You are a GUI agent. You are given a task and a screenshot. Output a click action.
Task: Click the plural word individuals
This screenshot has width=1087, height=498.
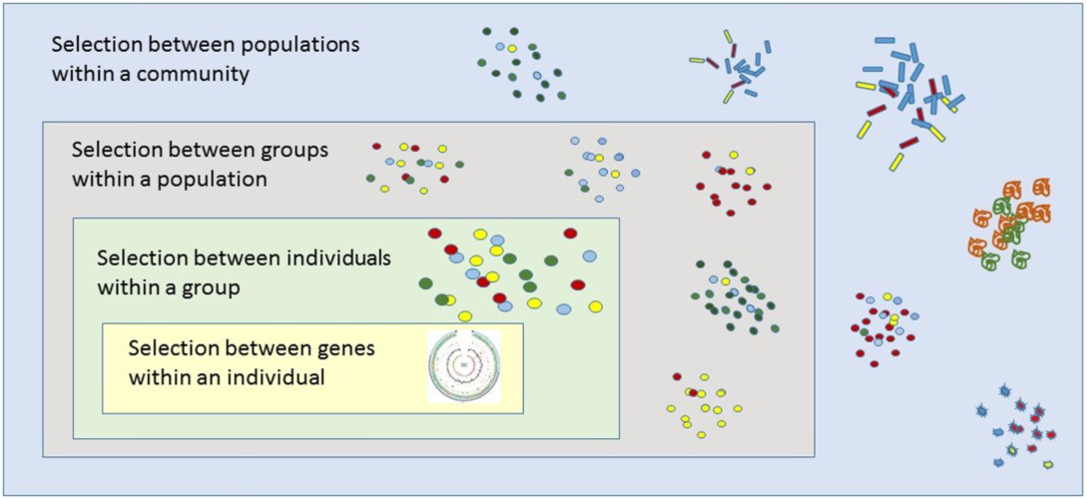tap(338, 258)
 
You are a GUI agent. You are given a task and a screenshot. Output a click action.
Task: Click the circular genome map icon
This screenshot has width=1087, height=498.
tap(464, 366)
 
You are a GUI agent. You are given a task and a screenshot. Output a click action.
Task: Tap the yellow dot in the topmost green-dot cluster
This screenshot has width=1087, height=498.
tap(512, 49)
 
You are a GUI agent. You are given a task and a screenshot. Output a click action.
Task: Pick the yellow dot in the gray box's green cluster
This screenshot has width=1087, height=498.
tap(725, 282)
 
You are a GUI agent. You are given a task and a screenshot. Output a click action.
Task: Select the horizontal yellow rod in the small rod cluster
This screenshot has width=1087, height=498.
tap(696, 60)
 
